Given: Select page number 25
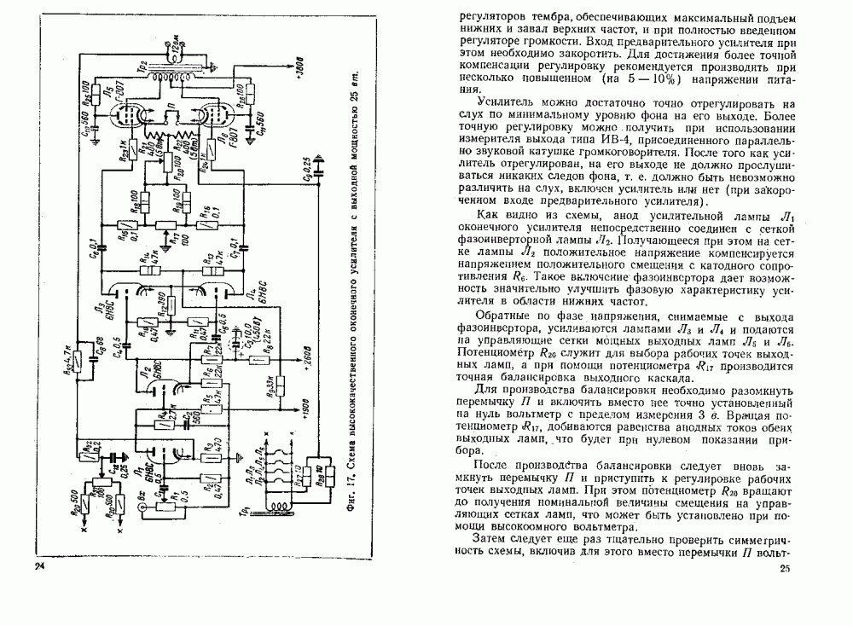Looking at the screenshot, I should click(785, 569).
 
